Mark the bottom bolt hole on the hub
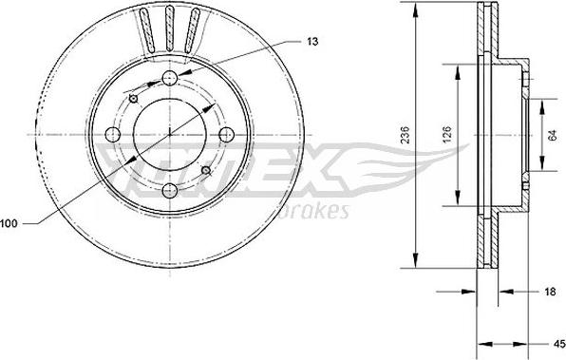tap(170, 188)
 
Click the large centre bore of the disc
tap(170, 133)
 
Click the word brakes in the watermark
tap(320, 209)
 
